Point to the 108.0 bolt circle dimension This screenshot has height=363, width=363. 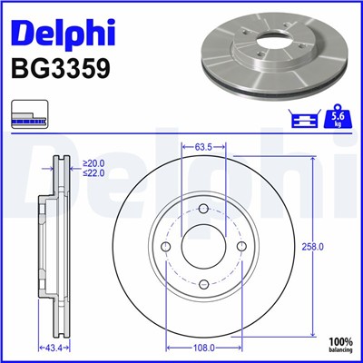(203, 347)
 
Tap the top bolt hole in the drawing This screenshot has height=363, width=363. (203, 211)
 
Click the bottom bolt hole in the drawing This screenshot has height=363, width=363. (203, 284)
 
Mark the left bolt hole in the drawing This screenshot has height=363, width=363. (167, 248)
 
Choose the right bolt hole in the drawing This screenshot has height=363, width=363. (240, 248)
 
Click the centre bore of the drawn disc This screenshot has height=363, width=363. (203, 248)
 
